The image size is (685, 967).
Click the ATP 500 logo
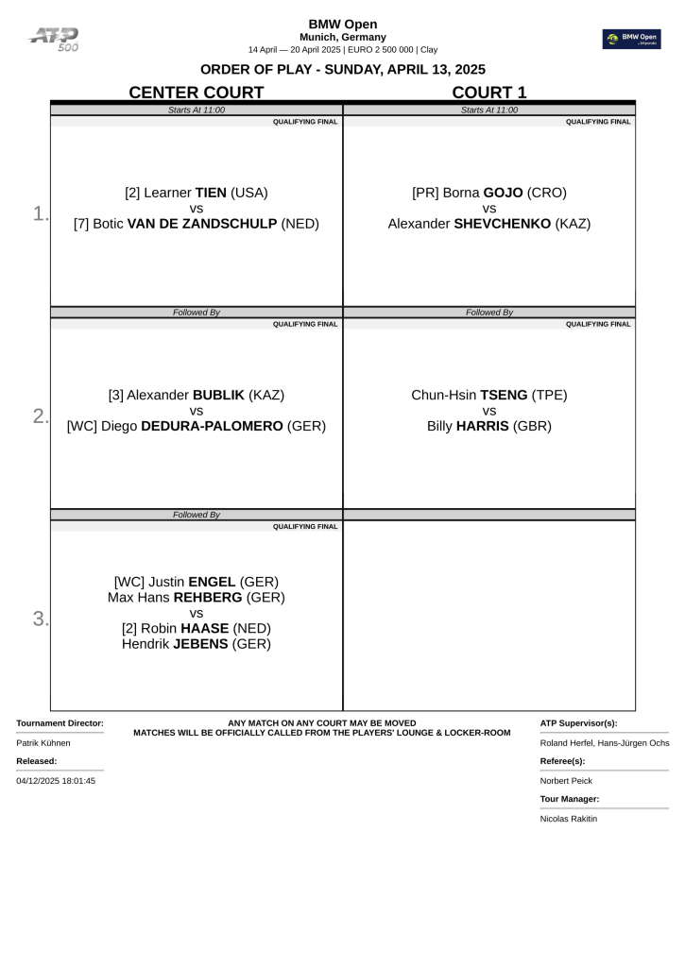click(x=55, y=38)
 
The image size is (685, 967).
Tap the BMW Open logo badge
click(x=632, y=39)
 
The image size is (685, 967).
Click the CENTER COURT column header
click(x=196, y=92)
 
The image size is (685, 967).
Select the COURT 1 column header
click(x=488, y=92)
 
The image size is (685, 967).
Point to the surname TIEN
click(x=211, y=193)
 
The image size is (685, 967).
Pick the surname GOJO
click(x=503, y=193)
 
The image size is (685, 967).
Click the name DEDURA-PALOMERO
click(x=213, y=426)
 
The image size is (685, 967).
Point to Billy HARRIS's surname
click(x=483, y=426)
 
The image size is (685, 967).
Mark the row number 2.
click(x=40, y=416)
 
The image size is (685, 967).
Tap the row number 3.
click(x=40, y=619)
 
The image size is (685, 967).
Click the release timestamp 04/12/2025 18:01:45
click(x=56, y=781)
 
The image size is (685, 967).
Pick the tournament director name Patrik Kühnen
click(x=43, y=743)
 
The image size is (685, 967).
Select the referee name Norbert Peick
click(x=567, y=781)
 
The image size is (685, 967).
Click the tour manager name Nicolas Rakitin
click(x=569, y=819)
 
